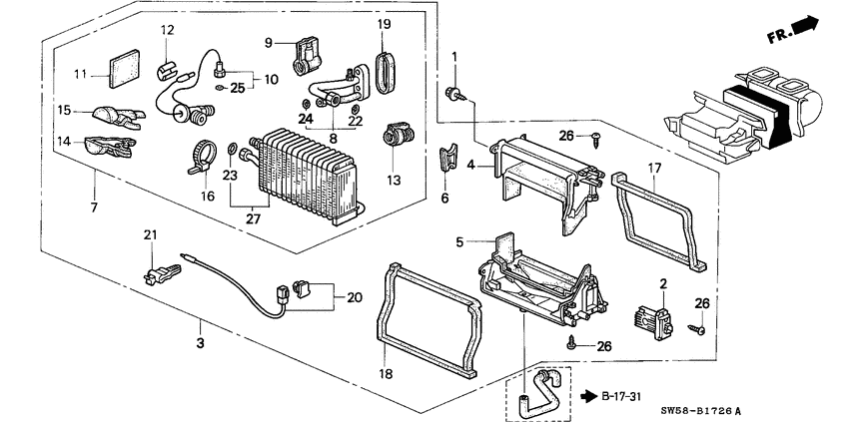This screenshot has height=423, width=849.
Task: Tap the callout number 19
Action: click(385, 23)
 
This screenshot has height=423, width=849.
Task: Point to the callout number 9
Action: click(269, 42)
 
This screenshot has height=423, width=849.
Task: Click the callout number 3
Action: click(199, 344)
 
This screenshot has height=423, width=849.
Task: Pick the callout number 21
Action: click(151, 234)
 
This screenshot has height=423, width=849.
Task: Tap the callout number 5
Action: click(459, 241)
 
